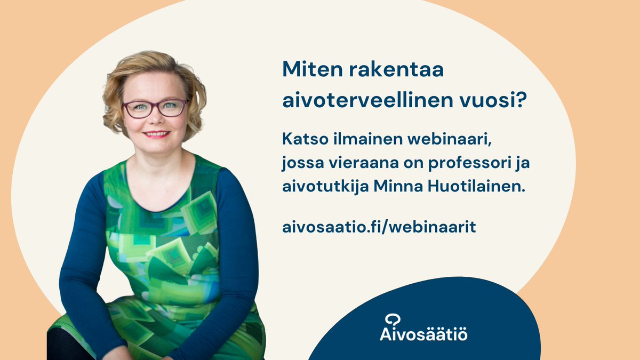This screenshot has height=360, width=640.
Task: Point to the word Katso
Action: coord(302,139)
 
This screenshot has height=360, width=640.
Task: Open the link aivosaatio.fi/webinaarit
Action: coord(379,227)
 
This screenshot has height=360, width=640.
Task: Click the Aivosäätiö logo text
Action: coord(424,334)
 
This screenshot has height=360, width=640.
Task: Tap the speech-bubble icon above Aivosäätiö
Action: coord(393,319)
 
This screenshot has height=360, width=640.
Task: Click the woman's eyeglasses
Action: coord(155,108)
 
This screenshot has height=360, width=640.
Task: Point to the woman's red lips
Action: coord(157,134)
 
